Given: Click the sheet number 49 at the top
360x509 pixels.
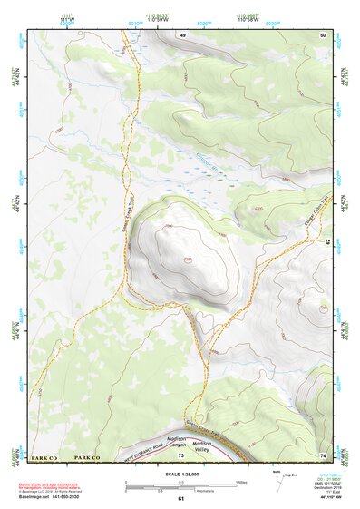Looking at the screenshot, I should (181, 34).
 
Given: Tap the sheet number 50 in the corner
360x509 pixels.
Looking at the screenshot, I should (322, 34).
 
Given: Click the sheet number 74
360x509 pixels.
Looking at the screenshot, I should (322, 455).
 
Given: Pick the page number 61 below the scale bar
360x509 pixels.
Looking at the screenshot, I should (180, 499).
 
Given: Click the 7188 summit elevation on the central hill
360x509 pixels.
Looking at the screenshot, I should (187, 259).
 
